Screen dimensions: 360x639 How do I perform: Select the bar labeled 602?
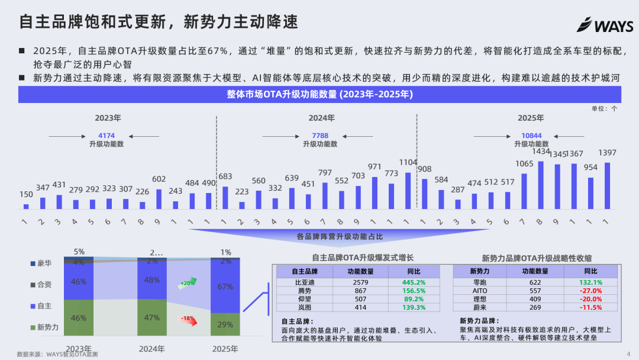(x=159, y=199)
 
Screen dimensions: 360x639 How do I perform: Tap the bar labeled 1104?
(x=408, y=190)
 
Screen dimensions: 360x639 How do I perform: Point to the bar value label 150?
(x=26, y=195)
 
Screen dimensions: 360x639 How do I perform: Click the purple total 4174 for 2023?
(x=106, y=136)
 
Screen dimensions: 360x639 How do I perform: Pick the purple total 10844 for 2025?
(x=531, y=136)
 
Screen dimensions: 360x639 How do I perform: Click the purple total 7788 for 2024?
(x=320, y=136)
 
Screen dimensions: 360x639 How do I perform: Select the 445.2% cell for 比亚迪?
(x=414, y=282)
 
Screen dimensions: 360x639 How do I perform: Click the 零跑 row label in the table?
(x=479, y=282)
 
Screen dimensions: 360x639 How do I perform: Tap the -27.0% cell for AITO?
(x=591, y=291)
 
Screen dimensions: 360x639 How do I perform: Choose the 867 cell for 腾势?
(x=359, y=291)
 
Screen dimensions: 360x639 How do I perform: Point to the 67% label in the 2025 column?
(x=225, y=287)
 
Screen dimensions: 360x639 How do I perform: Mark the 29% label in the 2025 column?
(x=225, y=325)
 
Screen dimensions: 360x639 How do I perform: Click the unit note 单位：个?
(x=604, y=108)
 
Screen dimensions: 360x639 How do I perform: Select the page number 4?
(x=628, y=354)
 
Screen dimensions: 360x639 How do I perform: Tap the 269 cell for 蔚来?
(x=535, y=307)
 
